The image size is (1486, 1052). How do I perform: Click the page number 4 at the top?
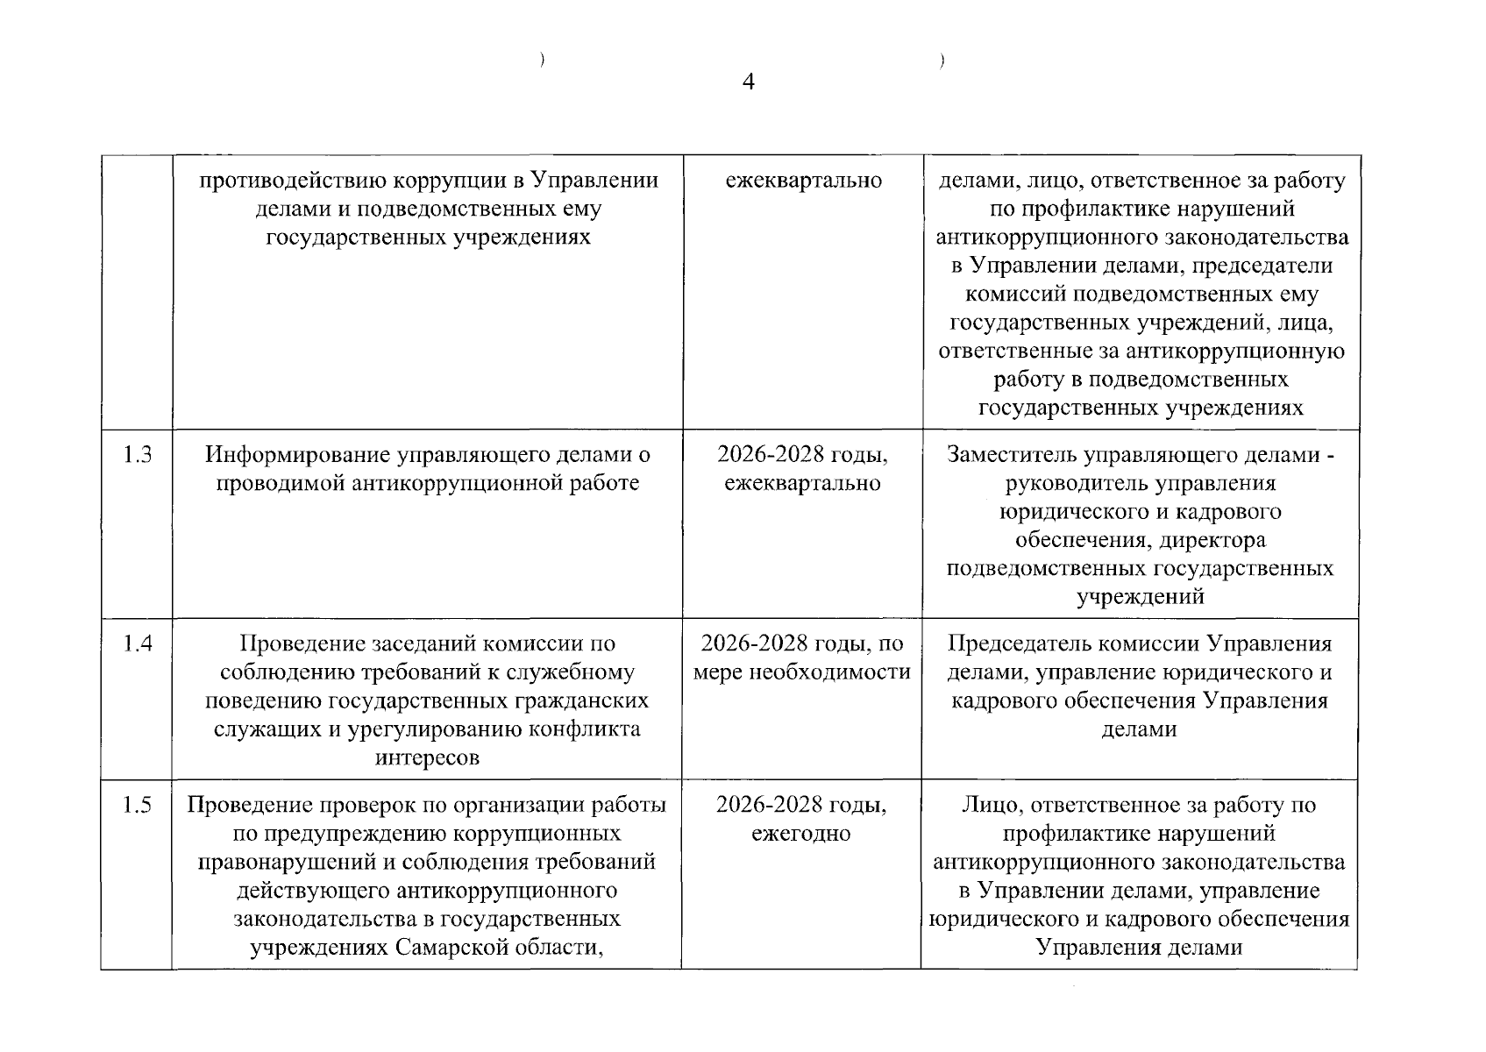coord(748,82)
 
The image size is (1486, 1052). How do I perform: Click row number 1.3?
coord(137,454)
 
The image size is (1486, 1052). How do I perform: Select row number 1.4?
coord(137,643)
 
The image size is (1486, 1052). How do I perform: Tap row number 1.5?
coord(137,805)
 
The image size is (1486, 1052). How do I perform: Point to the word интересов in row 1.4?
coord(427,757)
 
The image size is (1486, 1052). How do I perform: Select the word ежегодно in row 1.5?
coord(800,834)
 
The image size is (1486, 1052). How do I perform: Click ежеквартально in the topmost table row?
coord(803,181)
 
